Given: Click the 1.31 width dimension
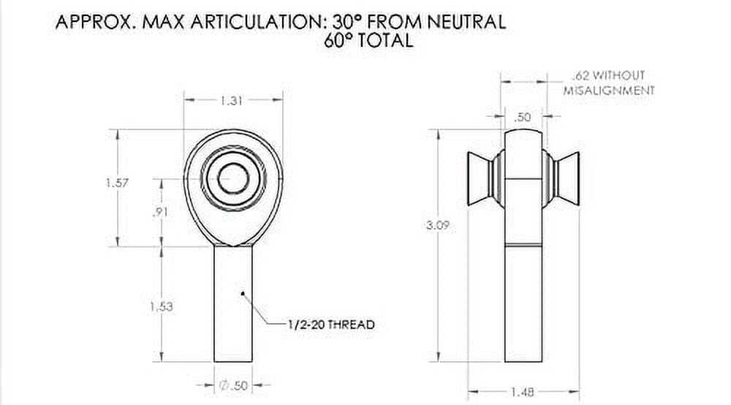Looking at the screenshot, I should (x=232, y=102).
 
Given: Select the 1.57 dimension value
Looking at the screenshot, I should (x=117, y=183).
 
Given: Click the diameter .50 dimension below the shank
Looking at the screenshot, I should (x=233, y=385).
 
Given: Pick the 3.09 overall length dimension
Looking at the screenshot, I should (x=436, y=226).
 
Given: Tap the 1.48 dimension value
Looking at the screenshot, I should (x=522, y=393).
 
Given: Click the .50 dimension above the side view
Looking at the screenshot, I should (x=523, y=117).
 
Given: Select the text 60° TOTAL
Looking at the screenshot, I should (x=368, y=41).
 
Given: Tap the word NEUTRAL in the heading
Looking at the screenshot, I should (x=466, y=22).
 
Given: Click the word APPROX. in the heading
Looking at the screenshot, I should (x=95, y=22).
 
